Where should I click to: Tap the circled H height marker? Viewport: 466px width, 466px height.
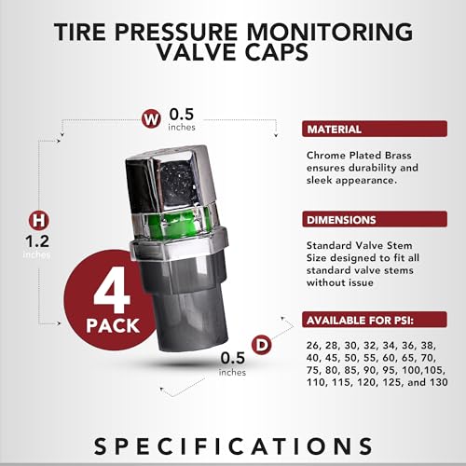pos(38,221)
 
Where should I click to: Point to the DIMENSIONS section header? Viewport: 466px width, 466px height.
pos(342,221)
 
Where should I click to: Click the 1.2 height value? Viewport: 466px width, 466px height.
pos(38,241)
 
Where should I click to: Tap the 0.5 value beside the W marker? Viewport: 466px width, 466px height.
pos(181,116)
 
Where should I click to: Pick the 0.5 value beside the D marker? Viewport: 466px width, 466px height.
pos(233,357)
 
